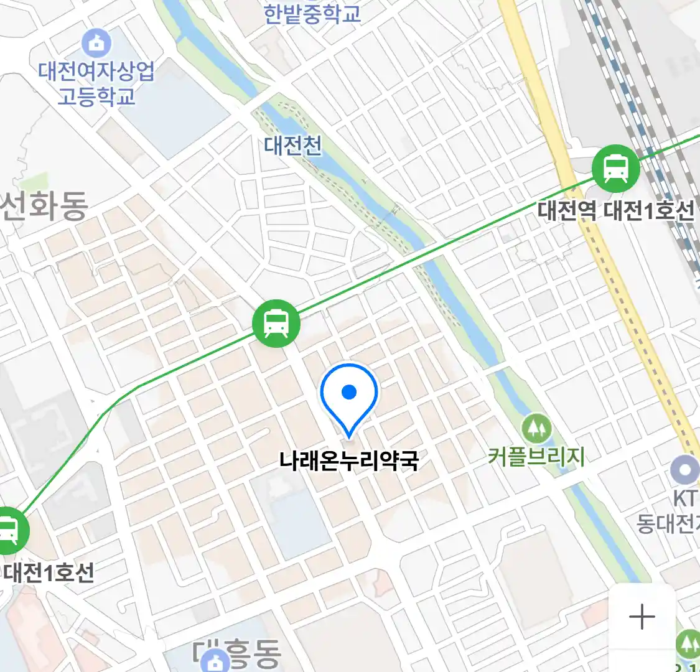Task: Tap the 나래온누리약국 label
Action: point(348,461)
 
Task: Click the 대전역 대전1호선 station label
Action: point(615,211)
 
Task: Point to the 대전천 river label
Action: point(293,146)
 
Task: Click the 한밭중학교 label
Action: point(312,14)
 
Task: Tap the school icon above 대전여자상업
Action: point(96,43)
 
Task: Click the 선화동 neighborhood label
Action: point(44,206)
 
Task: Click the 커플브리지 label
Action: point(536,457)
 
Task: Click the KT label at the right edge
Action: point(685,498)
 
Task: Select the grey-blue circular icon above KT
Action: point(685,470)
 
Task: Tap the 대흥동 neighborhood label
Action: point(249,653)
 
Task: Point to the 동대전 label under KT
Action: point(668,524)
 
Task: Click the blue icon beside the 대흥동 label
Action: point(215,661)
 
